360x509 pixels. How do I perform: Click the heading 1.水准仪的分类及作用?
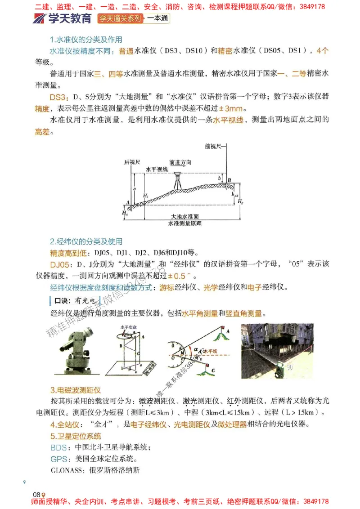pyautogui.click(x=86, y=39)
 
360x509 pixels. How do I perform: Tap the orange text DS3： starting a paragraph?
pyautogui.click(x=59, y=98)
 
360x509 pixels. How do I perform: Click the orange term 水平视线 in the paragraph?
pyautogui.click(x=228, y=120)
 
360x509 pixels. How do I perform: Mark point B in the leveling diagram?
pyautogui.click(x=229, y=181)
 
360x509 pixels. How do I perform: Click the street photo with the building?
pyautogui.click(x=277, y=349)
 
